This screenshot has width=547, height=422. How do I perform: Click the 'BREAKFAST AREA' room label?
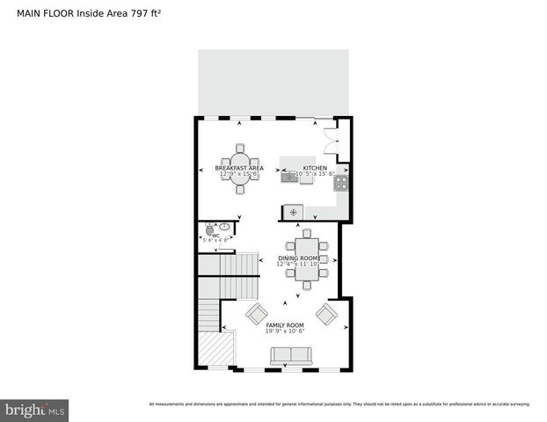pyautogui.click(x=239, y=168)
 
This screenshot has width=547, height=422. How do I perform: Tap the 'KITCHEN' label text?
pyautogui.click(x=314, y=168)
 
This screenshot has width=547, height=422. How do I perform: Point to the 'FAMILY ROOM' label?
pyautogui.click(x=284, y=325)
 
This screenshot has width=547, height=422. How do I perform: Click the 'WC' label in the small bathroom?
pyautogui.click(x=215, y=235)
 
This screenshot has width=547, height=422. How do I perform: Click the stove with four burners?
pyautogui.click(x=340, y=183)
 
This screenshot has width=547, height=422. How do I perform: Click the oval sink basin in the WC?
pyautogui.click(x=224, y=228)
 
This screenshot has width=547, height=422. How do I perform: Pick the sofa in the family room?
pyautogui.click(x=290, y=356)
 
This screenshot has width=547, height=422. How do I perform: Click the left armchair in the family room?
pyautogui.click(x=256, y=314)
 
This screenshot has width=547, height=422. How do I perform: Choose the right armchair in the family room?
pyautogui.click(x=326, y=314)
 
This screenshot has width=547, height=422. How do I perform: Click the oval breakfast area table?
pyautogui.click(x=239, y=168)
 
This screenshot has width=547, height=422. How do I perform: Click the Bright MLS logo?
pyautogui.click(x=35, y=410)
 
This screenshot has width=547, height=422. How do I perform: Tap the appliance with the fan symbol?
pyautogui.click(x=293, y=212)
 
